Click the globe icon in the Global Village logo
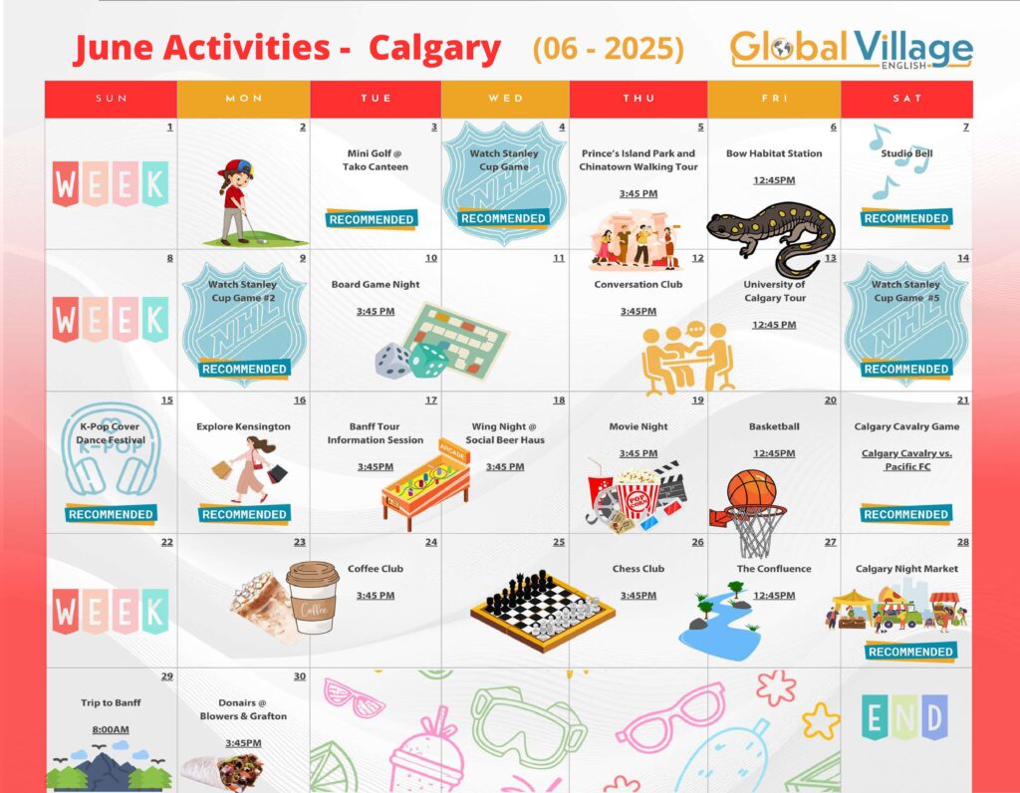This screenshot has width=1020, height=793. (x=783, y=49)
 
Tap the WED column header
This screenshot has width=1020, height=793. (x=505, y=99)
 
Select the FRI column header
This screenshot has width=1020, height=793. (x=774, y=99)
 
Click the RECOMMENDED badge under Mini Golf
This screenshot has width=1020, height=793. (x=372, y=219)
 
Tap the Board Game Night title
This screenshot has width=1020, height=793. (x=376, y=284)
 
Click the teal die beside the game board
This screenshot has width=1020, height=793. (x=428, y=360)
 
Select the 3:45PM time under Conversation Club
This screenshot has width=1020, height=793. (x=638, y=312)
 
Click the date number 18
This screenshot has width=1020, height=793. (x=559, y=400)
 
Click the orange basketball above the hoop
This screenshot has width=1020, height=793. (x=751, y=489)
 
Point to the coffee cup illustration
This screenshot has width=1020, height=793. (x=313, y=597)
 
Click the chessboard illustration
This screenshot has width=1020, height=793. (x=543, y=611)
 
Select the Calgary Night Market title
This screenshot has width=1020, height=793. (x=906, y=569)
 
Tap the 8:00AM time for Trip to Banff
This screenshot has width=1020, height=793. (x=111, y=730)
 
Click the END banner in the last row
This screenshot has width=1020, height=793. (x=904, y=717)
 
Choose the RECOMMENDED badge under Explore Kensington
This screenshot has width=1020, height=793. (x=244, y=514)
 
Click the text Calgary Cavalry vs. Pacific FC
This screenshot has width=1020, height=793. (x=906, y=459)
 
